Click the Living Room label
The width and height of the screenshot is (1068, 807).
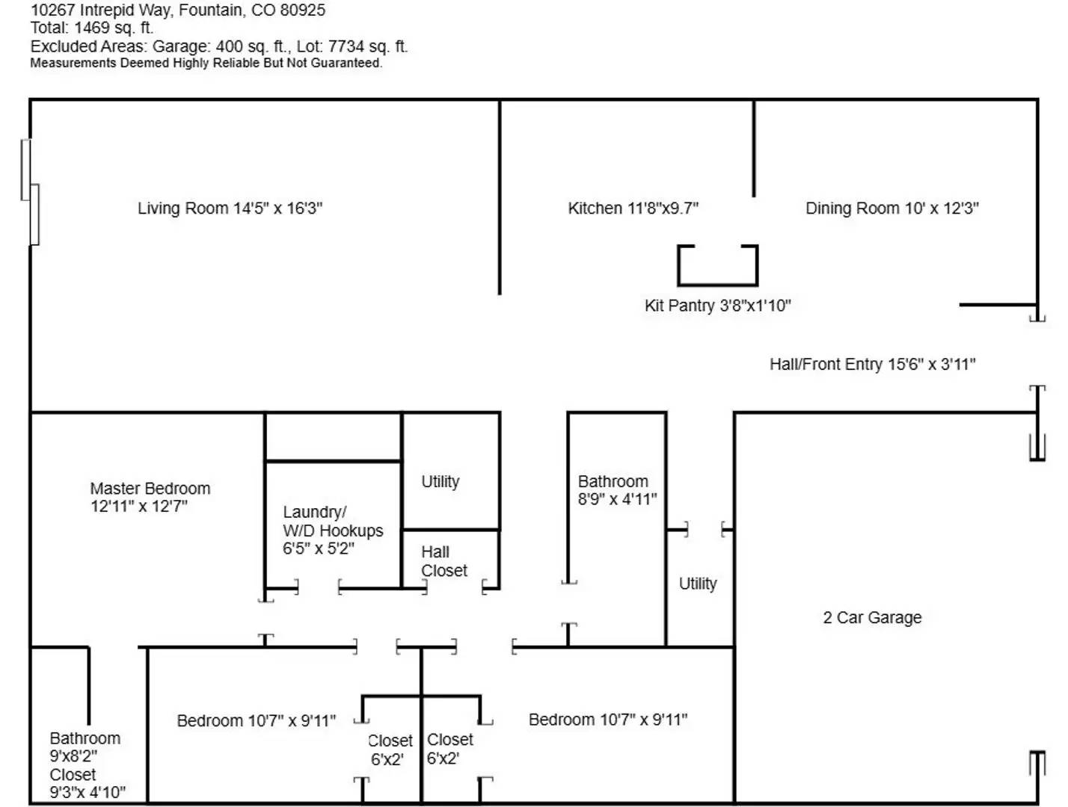(230, 208)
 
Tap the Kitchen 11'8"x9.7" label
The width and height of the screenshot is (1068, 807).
(633, 208)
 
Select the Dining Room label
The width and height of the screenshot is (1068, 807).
(891, 208)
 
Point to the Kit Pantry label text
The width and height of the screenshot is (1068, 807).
(718, 306)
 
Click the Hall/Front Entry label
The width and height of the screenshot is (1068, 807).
(872, 364)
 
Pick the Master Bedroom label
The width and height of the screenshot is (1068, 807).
(150, 498)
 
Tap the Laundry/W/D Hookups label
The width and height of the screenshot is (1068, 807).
(333, 531)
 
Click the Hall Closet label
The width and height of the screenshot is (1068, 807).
(444, 561)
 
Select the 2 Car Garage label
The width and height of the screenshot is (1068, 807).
(872, 617)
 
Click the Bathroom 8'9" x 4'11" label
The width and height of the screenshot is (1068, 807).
(617, 490)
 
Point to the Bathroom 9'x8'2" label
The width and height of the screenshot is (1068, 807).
(85, 747)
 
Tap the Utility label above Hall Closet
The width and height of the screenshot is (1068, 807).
(441, 482)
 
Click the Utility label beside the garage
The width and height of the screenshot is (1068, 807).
(698, 584)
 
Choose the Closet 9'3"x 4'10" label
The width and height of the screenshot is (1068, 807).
(88, 783)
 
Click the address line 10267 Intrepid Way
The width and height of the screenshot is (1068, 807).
(177, 10)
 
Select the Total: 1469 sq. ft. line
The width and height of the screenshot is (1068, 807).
(92, 28)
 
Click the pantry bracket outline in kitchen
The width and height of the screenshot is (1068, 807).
(718, 284)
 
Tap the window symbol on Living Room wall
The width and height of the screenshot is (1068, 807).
(30, 192)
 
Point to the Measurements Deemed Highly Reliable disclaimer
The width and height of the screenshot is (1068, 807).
(206, 64)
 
